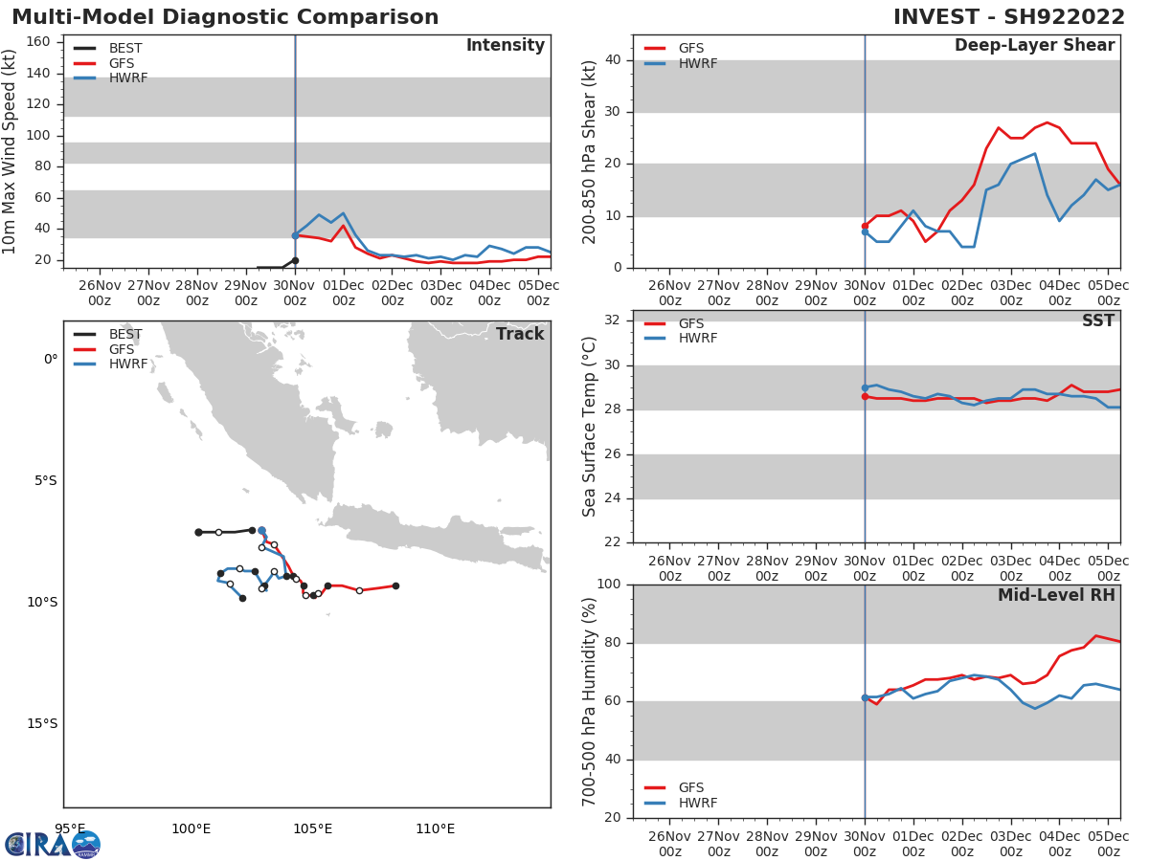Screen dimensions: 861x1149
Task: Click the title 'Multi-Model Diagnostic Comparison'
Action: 225,17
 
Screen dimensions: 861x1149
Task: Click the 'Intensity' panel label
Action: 505,46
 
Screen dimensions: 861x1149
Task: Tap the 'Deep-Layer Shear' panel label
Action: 1034,46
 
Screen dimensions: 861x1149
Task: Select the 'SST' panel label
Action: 1097,321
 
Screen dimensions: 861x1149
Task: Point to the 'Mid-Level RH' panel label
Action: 1056,595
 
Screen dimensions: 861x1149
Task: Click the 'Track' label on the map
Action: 520,334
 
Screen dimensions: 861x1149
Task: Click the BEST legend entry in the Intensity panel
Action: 125,48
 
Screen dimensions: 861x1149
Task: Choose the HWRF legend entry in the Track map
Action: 128,364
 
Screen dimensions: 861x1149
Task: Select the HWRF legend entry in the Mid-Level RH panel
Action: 697,803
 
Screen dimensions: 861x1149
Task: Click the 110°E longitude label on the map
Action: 435,828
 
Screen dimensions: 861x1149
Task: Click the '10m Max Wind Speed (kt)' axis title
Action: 11,151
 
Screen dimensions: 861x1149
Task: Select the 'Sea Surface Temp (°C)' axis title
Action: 590,427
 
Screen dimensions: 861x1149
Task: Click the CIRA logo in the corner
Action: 53,844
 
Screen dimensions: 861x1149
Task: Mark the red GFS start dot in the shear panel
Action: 865,226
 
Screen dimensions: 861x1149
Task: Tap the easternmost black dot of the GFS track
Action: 395,585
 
